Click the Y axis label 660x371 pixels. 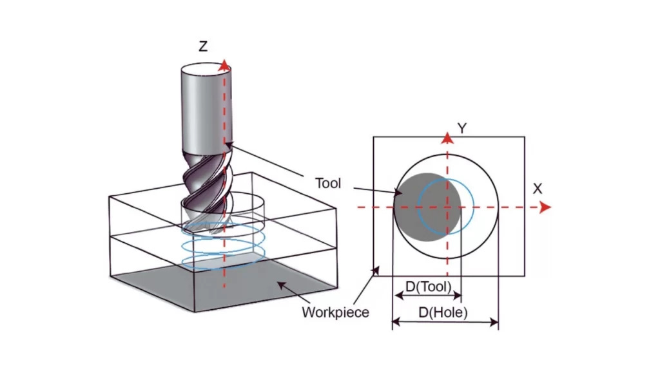click(x=461, y=128)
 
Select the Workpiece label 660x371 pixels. click(x=335, y=312)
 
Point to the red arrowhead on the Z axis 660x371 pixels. click(x=224, y=64)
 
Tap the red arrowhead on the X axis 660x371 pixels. click(x=545, y=207)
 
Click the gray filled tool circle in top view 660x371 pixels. click(x=412, y=206)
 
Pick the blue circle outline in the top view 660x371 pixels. click(x=474, y=206)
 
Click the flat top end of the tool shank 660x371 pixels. click(x=202, y=68)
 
